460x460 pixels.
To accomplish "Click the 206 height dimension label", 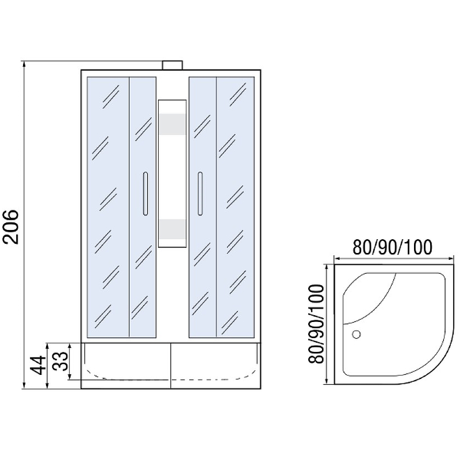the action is click(11, 227).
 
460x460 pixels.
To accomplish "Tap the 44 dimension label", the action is click(38, 365).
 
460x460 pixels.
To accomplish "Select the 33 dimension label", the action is click(60, 361).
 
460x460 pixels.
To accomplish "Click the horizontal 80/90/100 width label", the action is click(392, 247).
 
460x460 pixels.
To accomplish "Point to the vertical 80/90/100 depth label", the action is click(317, 324).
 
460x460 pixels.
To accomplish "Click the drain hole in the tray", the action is click(356, 334).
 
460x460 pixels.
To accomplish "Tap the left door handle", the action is click(145, 194).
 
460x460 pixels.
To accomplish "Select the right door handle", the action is click(200, 194).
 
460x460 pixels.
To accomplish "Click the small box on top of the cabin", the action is click(172, 65).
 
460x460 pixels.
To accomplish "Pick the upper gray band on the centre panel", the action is click(172, 124).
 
